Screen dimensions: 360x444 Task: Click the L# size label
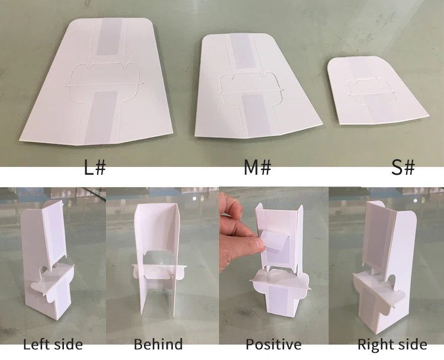coord(94,168)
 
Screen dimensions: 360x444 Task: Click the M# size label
coord(258,168)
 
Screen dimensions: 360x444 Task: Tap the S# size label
coord(403,168)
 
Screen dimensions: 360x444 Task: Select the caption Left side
coord(53,345)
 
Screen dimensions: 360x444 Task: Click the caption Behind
coord(158,345)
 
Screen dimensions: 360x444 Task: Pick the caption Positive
coord(274,345)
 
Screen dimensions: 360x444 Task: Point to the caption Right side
coord(392,345)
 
